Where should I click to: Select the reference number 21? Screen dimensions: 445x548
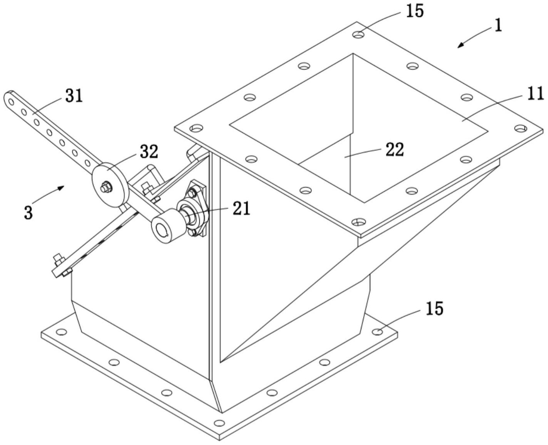tap(241, 208)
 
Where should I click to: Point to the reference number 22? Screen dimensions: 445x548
tap(394, 149)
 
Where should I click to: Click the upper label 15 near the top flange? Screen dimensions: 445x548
tap(414, 11)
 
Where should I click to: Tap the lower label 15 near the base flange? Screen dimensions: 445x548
tap(434, 308)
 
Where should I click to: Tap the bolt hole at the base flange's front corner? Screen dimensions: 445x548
tap(219, 423)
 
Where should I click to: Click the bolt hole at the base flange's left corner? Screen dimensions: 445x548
tap(60, 332)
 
